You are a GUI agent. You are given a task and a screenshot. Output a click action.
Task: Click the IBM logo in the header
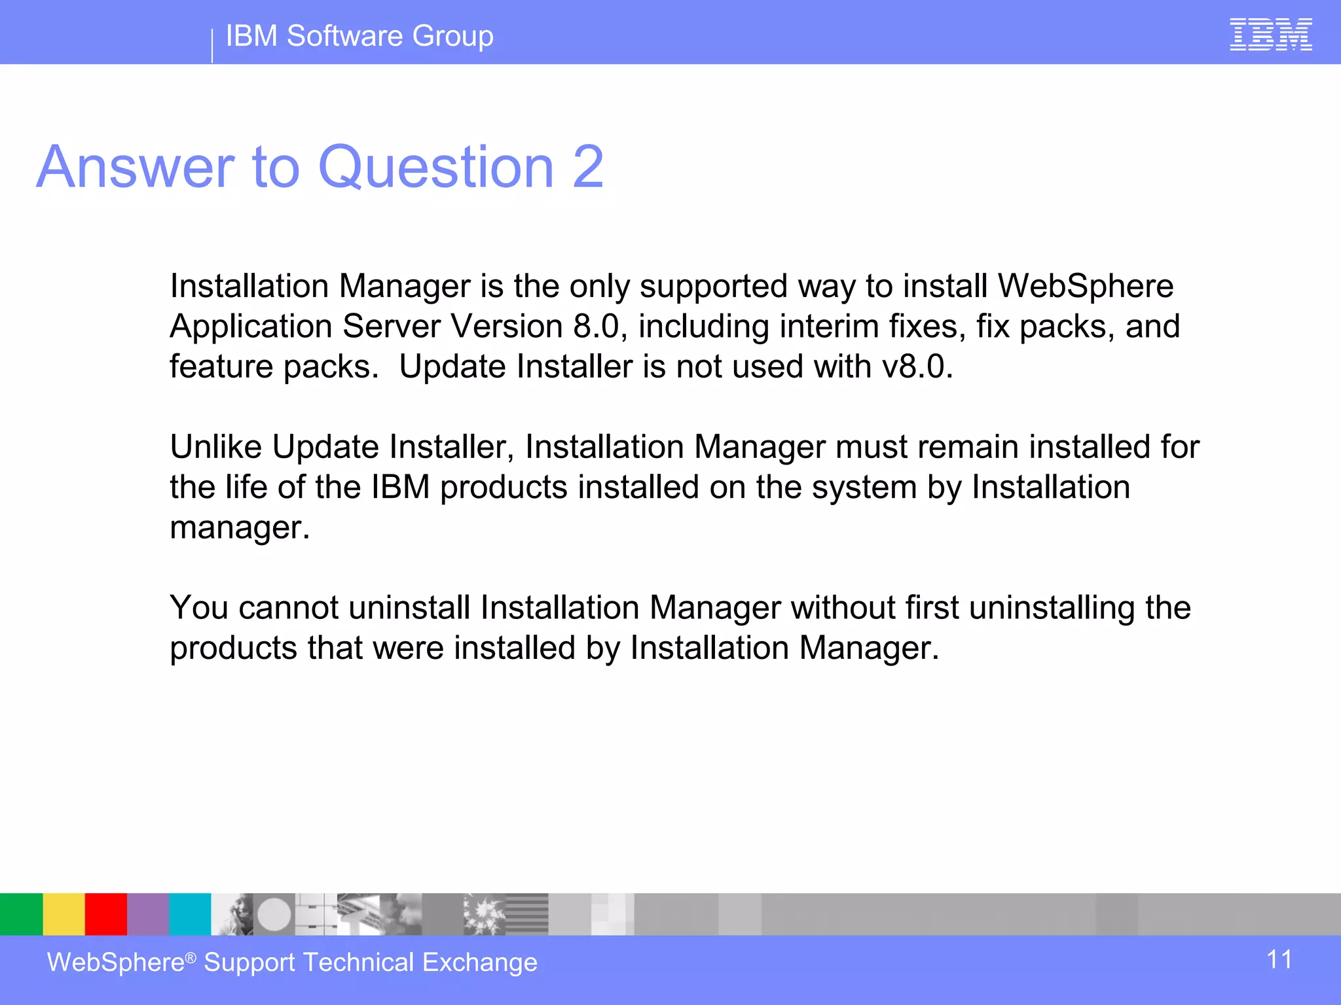coord(1270,35)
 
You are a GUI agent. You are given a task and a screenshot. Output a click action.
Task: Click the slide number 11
coord(1279,960)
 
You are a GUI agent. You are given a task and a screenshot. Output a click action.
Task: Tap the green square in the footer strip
coord(21,914)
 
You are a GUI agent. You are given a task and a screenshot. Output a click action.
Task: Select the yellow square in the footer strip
coord(64,914)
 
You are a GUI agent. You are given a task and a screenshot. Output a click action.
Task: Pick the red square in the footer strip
coord(105,914)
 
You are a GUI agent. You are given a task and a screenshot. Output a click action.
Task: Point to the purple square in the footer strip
coord(148,914)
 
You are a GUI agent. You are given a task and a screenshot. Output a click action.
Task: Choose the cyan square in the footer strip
coord(190,914)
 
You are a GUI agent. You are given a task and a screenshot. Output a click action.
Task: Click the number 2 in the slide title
coord(587,167)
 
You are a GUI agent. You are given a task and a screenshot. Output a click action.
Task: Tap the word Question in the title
coord(436,167)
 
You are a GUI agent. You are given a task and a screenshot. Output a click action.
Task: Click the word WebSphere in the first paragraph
coord(1085,286)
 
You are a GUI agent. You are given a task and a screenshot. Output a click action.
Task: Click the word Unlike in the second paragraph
coord(215,447)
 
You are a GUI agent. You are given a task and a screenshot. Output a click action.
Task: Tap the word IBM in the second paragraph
coord(400,487)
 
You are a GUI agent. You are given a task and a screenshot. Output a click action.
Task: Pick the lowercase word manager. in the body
coord(240,527)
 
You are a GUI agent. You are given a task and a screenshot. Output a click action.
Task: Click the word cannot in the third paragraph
coord(289,608)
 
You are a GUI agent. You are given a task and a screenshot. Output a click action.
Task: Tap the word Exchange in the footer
coord(480,962)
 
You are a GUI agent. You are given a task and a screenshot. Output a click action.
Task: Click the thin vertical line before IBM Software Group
coord(212,46)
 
